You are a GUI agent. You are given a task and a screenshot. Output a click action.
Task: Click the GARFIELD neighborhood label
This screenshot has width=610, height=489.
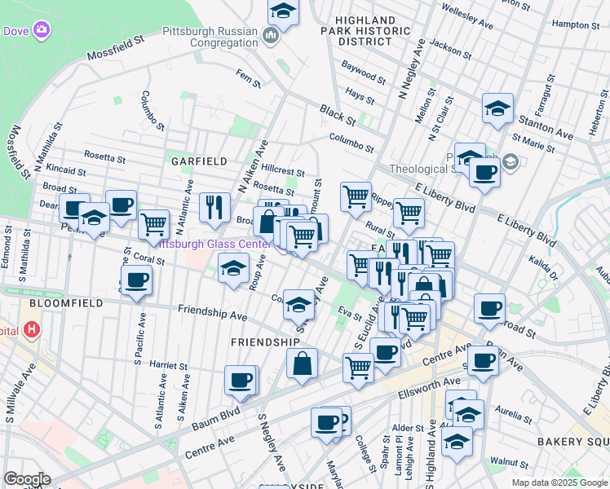[199, 161]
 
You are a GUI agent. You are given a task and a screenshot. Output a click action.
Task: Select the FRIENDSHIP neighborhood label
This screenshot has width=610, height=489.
[265, 341]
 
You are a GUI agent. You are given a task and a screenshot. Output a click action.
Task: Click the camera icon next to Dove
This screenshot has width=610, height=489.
[42, 31]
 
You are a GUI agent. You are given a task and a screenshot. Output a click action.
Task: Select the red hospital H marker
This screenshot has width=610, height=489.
[32, 329]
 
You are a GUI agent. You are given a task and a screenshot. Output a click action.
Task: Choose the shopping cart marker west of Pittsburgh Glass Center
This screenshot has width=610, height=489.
[153, 223]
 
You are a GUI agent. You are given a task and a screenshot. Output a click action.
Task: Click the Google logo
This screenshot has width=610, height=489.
[27, 479]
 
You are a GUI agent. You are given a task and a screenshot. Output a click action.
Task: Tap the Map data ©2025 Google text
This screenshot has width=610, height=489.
[559, 482]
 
